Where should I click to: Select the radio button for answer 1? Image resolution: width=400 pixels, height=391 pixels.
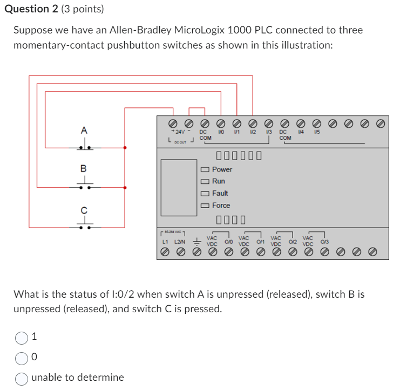[x=21, y=338]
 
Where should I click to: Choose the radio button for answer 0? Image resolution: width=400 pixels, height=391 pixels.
[x=21, y=358]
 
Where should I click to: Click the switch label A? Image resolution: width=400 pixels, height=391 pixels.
[x=84, y=130]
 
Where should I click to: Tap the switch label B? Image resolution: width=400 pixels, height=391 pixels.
[x=84, y=168]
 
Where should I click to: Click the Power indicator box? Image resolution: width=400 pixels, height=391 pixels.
[x=205, y=169]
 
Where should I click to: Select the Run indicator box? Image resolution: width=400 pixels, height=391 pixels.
[x=205, y=181]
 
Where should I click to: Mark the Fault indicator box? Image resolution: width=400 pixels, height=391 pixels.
[x=205, y=193]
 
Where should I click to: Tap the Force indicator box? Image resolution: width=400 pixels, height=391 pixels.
[x=205, y=205]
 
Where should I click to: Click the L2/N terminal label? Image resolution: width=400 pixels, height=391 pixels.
[x=181, y=242]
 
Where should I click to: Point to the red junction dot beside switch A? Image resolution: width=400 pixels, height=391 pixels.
[x=125, y=147]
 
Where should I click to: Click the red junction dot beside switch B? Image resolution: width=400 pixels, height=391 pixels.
[x=125, y=188]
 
